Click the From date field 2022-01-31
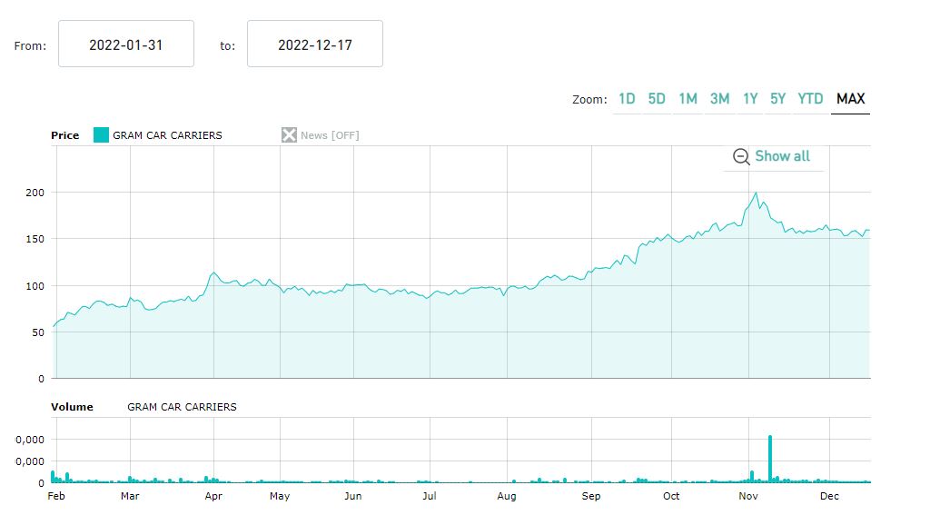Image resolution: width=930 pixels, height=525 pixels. pos(126,45)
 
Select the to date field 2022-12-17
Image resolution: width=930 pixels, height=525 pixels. pos(314,45)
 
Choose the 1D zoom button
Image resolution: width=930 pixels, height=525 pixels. pos(627,99)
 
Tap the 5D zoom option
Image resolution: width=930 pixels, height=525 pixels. pos(657,99)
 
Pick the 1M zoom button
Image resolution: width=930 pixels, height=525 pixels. pos(688,99)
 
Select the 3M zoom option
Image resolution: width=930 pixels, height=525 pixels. pos(719,99)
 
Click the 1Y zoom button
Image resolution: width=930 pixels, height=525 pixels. pos(750,99)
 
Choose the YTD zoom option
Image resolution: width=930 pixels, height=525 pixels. pos(810,99)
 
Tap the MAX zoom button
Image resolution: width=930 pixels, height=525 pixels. pos(850,99)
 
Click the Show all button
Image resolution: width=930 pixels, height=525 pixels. pos(772,156)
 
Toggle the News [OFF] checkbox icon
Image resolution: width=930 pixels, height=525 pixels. pos(289,135)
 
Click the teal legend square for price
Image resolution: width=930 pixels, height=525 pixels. pos(101,135)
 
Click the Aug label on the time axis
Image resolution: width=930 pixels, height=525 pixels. pos(507,496)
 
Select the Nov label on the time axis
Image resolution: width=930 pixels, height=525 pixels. pos(748,496)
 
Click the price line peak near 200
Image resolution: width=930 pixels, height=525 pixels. pos(756,193)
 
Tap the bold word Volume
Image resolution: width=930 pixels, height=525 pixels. pos(72,407)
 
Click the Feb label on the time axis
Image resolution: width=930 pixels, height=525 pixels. pos(56,496)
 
